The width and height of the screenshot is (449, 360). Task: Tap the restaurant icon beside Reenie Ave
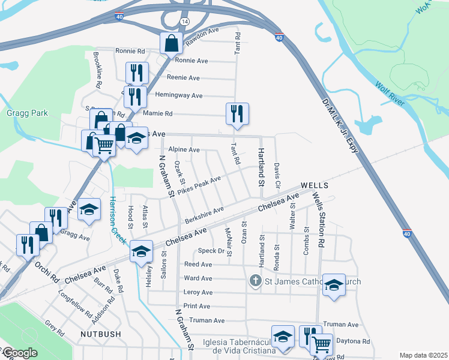coord(137,73)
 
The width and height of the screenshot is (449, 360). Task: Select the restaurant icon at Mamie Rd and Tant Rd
coord(237,113)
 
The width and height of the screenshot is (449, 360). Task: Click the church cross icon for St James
coord(255,280)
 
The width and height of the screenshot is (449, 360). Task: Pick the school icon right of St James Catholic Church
coord(334,286)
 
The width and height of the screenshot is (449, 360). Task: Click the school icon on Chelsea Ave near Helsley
coord(141,251)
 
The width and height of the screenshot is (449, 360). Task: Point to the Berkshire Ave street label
coord(204,213)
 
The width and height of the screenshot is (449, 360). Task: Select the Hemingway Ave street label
coord(178,95)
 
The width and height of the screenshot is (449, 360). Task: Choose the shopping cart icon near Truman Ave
coord(322,344)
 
